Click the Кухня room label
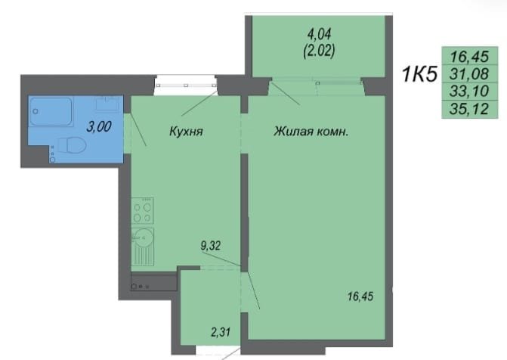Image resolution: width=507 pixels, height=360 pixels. pos(186,132)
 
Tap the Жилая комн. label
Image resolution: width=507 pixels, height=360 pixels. pos(311,132)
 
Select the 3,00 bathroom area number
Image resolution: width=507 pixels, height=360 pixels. pos(99,126)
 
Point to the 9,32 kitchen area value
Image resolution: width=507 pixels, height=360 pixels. pos(211,246)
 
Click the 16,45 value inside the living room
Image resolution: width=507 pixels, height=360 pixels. pos(360,296)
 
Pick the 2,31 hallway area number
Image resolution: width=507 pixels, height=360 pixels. pos(221,332)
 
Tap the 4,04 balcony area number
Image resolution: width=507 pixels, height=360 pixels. pos(319,34)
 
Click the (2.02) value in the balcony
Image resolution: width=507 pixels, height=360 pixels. pos(319,51)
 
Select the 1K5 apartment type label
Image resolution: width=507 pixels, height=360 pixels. pos(419,74)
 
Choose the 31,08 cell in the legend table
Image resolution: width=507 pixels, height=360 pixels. pos(469,74)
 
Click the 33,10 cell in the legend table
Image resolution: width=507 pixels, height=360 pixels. pos(469,91)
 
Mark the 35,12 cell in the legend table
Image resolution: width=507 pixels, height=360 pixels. pos(469,109)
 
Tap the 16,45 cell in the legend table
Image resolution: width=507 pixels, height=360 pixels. pos(469,56)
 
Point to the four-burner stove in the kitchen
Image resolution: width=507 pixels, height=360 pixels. pos(142,211)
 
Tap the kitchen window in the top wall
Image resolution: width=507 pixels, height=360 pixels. pos(186,85)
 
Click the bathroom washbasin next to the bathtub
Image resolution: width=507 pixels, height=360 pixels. pos(107,104)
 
